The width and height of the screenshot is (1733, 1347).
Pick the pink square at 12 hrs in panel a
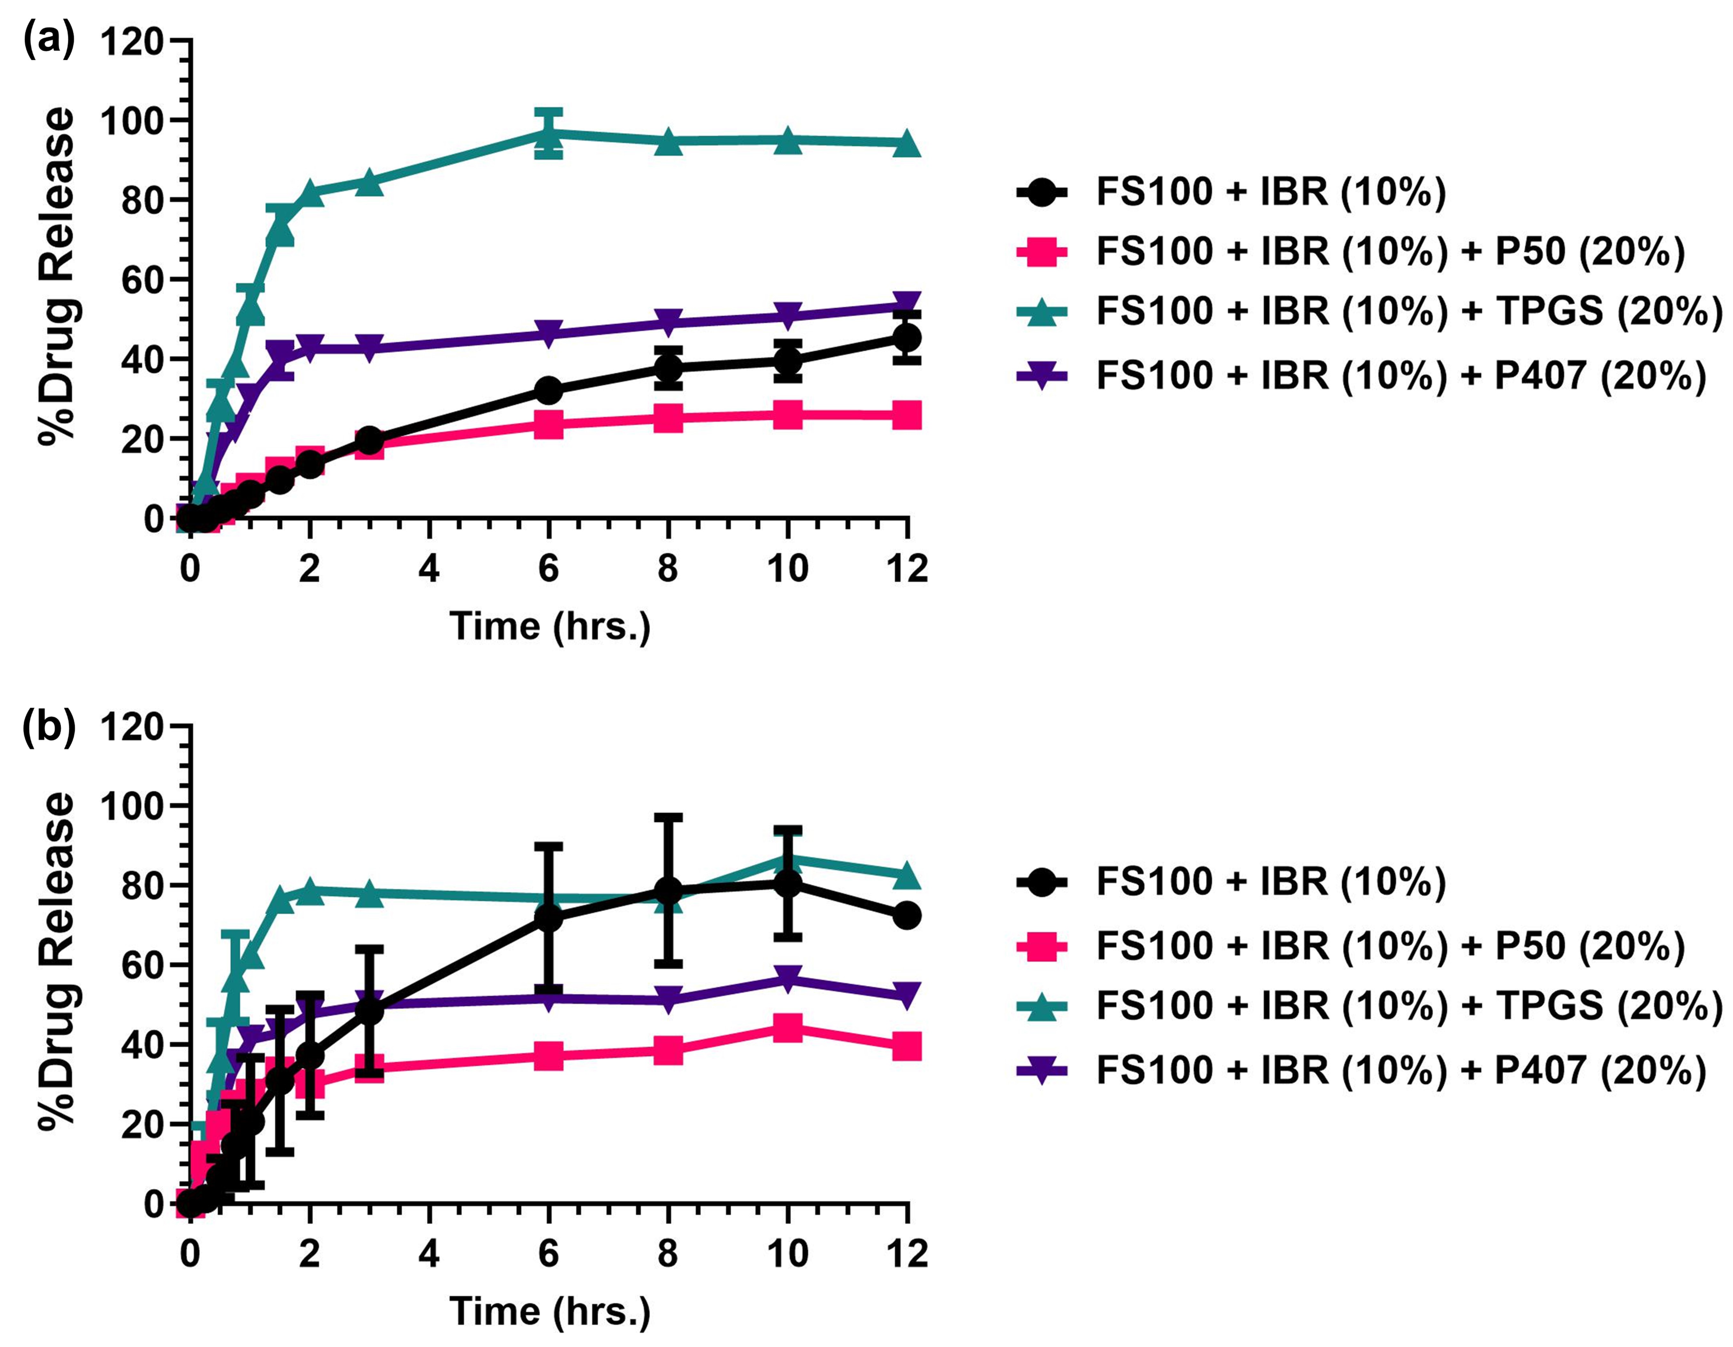click(x=907, y=414)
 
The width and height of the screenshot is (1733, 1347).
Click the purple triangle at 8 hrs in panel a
click(x=669, y=322)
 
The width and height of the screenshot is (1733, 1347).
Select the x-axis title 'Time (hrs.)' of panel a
click(x=550, y=626)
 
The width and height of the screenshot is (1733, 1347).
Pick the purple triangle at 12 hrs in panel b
click(x=907, y=994)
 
